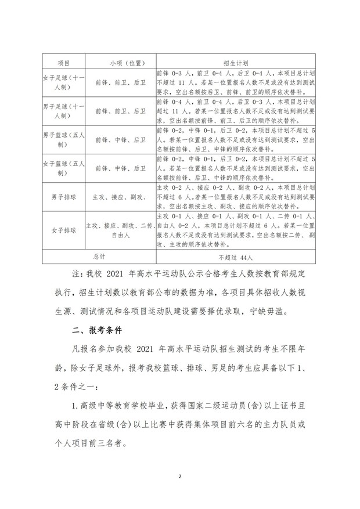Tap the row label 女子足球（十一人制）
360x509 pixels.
(63, 82)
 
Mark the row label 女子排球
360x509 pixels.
(63, 230)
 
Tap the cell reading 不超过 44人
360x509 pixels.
(236, 256)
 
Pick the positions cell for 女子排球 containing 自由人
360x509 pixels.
(120, 230)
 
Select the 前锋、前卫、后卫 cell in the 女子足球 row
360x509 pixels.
(120, 82)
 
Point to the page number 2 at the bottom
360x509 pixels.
(180, 476)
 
